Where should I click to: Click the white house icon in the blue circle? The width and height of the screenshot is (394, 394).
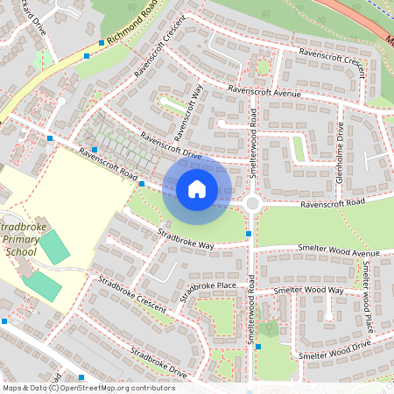(196, 188)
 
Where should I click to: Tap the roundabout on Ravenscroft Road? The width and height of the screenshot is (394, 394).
(253, 203)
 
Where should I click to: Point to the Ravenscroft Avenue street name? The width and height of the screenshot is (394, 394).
(264, 91)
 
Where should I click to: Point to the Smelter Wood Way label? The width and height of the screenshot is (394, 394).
(308, 290)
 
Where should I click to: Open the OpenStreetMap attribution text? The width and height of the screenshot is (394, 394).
(88, 387)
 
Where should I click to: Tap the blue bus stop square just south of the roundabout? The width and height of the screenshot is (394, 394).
(249, 234)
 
